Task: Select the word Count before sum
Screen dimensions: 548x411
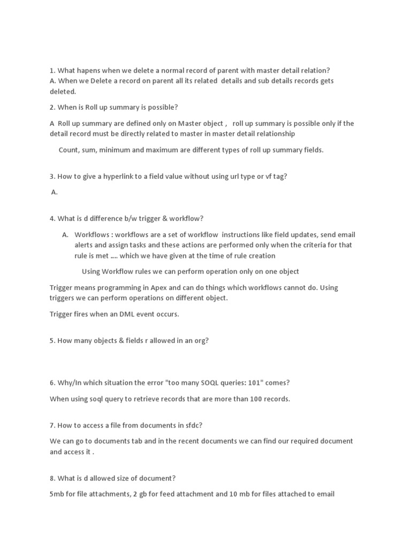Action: [x=68, y=150]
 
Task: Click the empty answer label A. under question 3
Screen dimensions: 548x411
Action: [x=54, y=192]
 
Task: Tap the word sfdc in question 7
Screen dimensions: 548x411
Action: [x=192, y=425]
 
